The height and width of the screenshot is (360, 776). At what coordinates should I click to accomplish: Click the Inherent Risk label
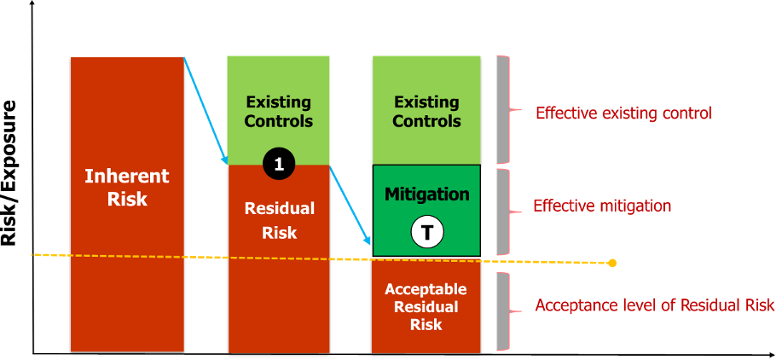[127, 188]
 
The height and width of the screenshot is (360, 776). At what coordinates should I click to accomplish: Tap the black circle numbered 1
[278, 164]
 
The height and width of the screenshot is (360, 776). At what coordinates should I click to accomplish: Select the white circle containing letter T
[427, 231]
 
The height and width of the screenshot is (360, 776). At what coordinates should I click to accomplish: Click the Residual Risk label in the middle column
[279, 220]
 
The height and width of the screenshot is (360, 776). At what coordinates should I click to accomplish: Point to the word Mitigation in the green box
[426, 195]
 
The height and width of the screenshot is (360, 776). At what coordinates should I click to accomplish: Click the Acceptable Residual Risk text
[426, 307]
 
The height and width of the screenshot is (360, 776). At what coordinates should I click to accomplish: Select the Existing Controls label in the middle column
[278, 111]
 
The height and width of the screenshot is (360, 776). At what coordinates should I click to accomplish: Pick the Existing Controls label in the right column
[426, 111]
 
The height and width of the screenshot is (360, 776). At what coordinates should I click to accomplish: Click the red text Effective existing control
[623, 113]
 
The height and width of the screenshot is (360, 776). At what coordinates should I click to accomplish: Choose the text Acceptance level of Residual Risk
[654, 305]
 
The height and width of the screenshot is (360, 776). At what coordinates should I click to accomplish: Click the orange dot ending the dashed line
[612, 263]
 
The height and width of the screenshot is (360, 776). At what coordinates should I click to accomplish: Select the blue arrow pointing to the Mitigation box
[350, 205]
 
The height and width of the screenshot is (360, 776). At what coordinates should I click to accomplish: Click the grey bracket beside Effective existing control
[503, 109]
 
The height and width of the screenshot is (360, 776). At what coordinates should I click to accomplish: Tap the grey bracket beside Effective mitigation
[503, 211]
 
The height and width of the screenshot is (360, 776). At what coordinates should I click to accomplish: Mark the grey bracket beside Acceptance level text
[503, 311]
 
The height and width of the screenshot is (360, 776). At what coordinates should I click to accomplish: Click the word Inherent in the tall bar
[127, 177]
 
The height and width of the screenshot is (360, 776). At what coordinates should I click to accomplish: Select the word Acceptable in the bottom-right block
[426, 289]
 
